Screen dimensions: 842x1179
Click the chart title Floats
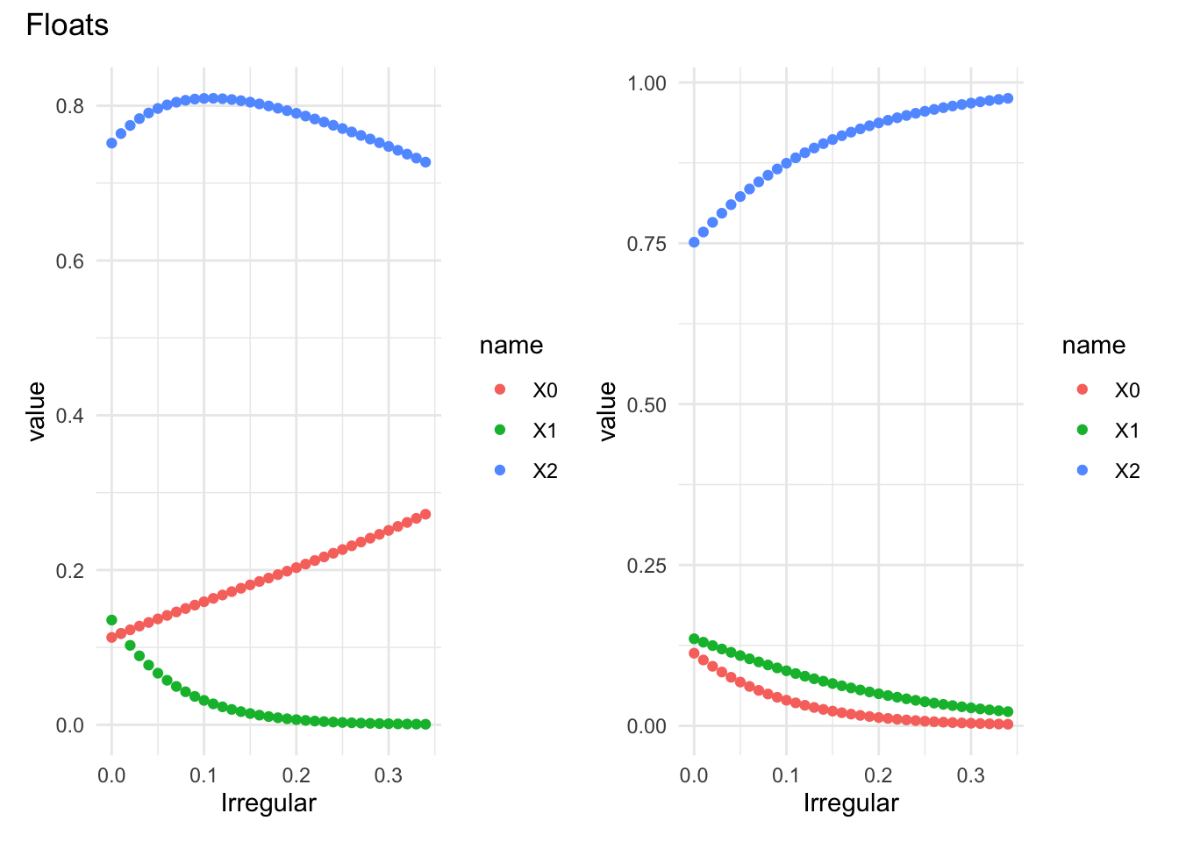click(x=68, y=25)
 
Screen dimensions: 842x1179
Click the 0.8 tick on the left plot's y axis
click(x=70, y=106)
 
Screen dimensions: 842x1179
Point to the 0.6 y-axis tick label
click(x=70, y=260)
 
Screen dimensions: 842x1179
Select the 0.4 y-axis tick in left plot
click(x=70, y=415)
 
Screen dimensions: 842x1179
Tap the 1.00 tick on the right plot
click(x=647, y=83)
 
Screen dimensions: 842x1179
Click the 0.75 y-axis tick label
click(x=647, y=244)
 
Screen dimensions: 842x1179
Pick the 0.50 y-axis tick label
click(x=647, y=404)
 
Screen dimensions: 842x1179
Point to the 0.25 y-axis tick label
click(x=647, y=566)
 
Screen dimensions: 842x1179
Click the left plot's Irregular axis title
click(x=268, y=803)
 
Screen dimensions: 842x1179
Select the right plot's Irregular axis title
click(x=851, y=803)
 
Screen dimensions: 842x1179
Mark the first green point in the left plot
click(x=111, y=620)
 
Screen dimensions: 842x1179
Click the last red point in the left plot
click(x=425, y=514)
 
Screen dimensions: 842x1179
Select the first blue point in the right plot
click(x=694, y=242)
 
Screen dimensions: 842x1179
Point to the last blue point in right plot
click(x=1008, y=98)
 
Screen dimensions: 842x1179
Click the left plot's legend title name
click(x=511, y=346)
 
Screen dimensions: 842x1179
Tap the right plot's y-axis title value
click(x=607, y=410)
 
